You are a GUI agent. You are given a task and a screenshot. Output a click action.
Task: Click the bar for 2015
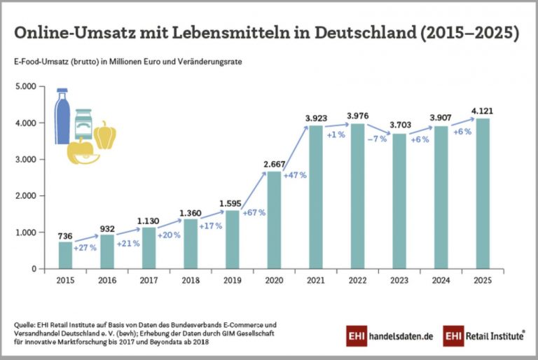64,255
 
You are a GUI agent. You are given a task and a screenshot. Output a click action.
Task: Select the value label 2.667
274,163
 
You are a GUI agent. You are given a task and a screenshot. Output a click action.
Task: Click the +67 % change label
252,212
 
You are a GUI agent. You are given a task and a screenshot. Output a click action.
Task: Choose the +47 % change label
294,175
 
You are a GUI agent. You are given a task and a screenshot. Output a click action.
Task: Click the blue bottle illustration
62,116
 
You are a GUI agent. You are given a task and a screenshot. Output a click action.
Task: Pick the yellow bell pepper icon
105,135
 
